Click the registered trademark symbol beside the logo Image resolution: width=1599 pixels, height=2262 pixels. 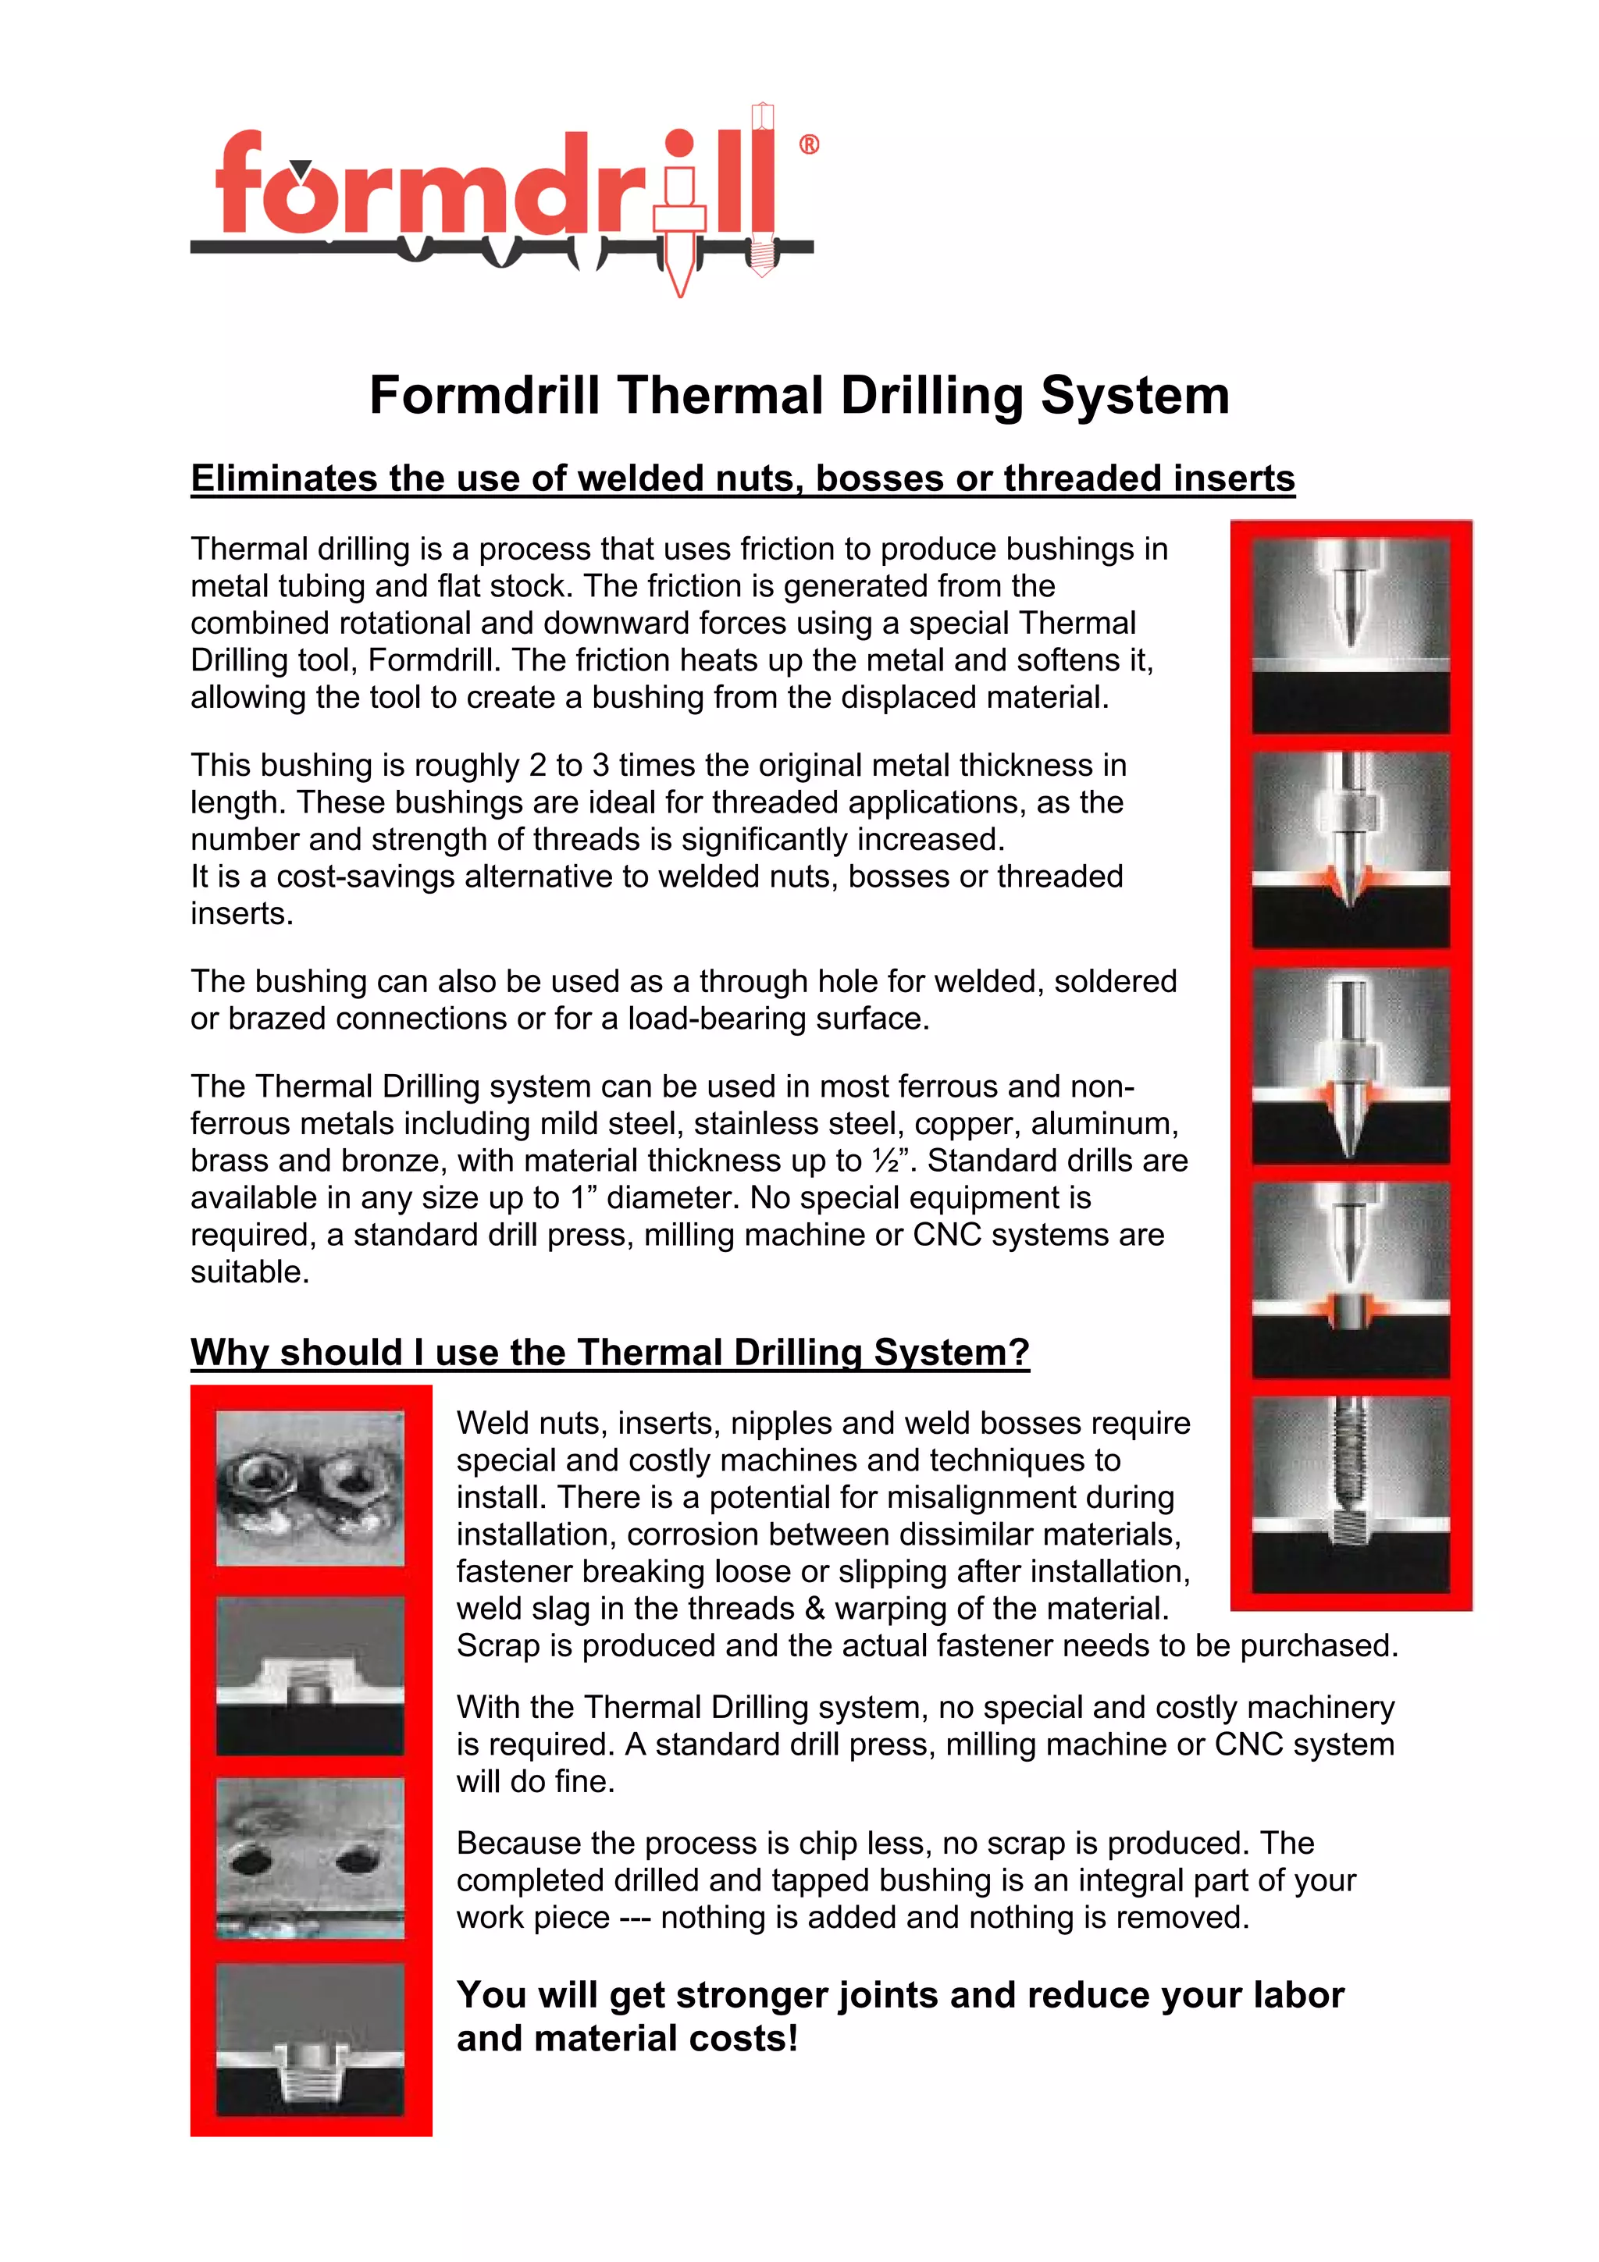pyautogui.click(x=808, y=146)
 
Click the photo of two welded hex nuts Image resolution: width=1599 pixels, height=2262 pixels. pyautogui.click(x=310, y=1488)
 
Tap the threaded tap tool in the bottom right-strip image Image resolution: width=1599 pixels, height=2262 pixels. pyautogui.click(x=1351, y=1468)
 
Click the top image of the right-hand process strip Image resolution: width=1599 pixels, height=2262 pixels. pyautogui.click(x=1351, y=635)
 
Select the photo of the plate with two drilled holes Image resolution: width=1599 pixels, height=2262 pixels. pyautogui.click(x=310, y=1858)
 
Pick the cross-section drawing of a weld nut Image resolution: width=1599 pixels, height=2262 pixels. pyautogui.click(x=310, y=1675)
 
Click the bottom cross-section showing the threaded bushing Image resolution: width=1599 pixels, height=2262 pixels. pyautogui.click(x=310, y=2040)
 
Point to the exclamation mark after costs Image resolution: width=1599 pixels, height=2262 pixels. pyautogui.click(x=792, y=2038)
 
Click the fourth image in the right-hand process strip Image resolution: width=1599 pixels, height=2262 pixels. pyautogui.click(x=1351, y=1280)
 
